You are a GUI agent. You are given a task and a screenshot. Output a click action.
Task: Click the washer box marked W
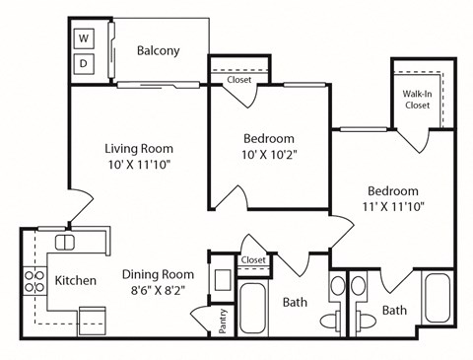[84, 39]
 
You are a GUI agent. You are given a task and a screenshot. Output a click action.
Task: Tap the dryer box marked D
[84, 63]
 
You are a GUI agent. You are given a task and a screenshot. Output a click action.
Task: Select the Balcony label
[158, 51]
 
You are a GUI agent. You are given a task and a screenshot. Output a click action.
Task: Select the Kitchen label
[75, 281]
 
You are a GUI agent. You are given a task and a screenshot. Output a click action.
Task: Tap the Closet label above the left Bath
[253, 259]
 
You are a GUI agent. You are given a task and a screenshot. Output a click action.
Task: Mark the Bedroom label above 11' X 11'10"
[393, 191]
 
